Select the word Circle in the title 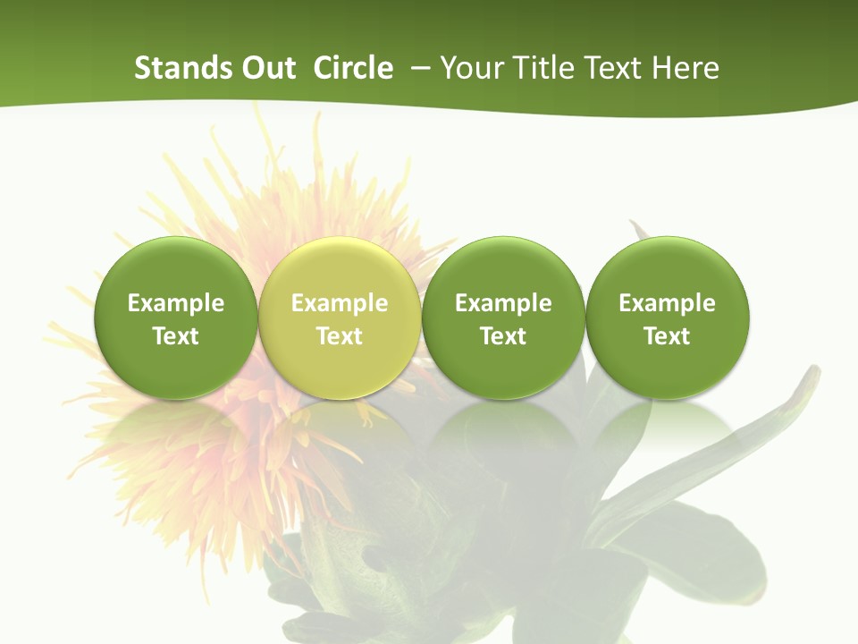(353, 68)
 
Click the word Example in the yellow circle (340, 303)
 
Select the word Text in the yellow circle (340, 336)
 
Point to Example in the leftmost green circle (176, 303)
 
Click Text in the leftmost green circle (176, 336)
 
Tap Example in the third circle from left (503, 303)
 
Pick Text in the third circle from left (503, 336)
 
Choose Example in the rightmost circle (667, 303)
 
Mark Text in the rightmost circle (667, 336)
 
